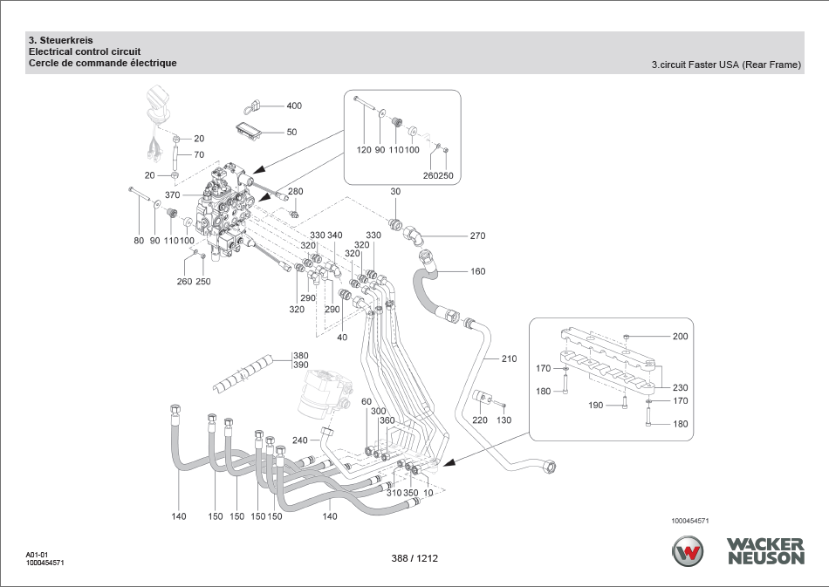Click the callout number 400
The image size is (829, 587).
tap(294, 106)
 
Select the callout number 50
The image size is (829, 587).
tap(291, 133)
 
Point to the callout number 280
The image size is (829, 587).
tap(296, 192)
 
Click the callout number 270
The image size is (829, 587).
tap(477, 236)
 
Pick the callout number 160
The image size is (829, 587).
tap(477, 271)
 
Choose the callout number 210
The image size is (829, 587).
tap(509, 358)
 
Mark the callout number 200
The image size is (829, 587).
tap(680, 337)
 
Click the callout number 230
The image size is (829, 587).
tap(680, 388)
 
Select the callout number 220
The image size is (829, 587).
tap(480, 420)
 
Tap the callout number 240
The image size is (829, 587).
tap(300, 440)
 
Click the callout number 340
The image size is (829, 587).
tap(335, 235)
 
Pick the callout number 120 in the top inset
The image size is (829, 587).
tap(364, 150)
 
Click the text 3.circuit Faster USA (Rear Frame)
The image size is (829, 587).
tap(726, 65)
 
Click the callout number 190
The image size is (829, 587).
tap(596, 406)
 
